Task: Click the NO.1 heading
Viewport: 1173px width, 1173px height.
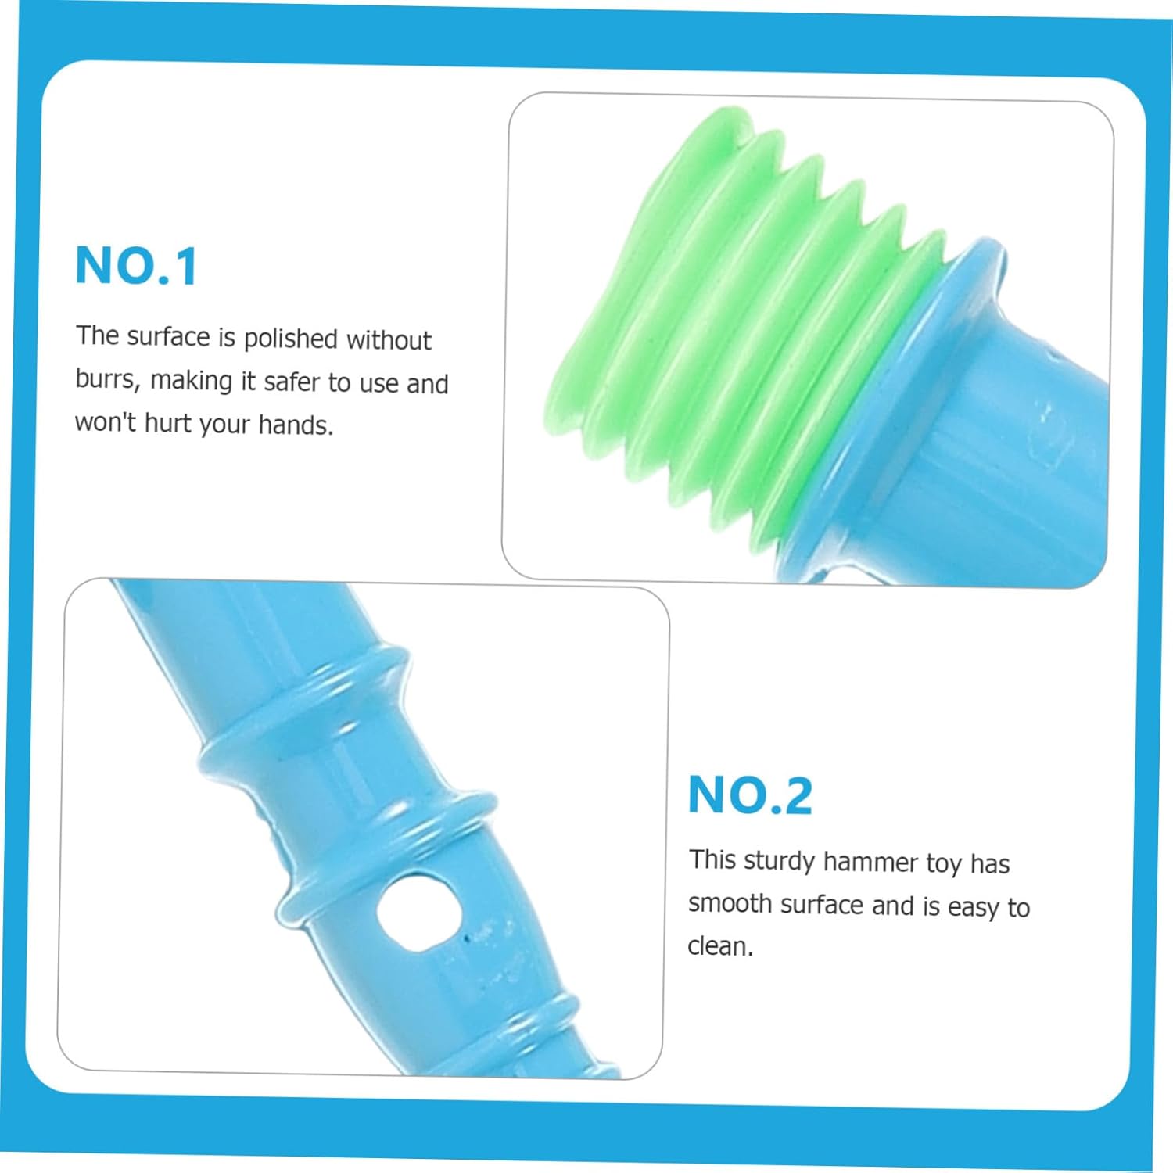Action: tap(137, 266)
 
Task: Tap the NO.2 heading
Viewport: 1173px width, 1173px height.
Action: tap(751, 795)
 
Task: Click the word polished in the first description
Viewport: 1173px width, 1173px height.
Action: tap(290, 339)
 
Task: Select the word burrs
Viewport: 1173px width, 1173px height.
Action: tap(108, 379)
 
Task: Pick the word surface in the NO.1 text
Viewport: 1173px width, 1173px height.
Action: tap(169, 336)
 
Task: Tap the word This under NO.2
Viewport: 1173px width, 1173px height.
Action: tap(713, 859)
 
